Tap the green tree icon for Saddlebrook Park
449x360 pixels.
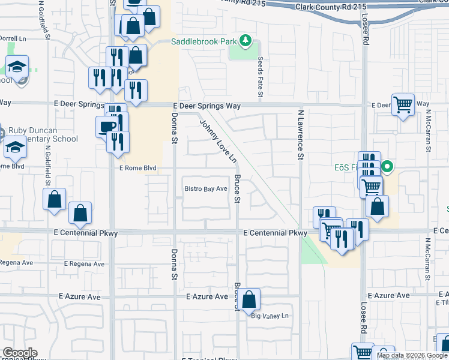(245, 41)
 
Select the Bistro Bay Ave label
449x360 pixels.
(206, 189)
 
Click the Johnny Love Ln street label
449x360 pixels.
(218, 140)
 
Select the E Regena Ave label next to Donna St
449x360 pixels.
(84, 264)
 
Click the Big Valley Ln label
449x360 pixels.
(270, 316)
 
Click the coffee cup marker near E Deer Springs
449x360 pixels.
(107, 126)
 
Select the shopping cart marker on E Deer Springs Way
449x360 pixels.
(403, 105)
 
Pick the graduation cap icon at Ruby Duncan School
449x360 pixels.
(16, 146)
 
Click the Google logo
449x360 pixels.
(20, 353)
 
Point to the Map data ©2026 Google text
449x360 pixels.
(412, 355)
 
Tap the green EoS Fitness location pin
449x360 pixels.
(388, 167)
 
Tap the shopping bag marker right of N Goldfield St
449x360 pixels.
(55, 200)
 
